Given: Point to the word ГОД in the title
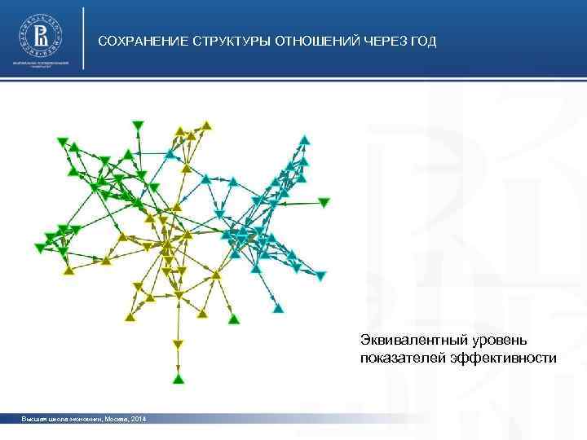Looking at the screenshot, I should pyautogui.click(x=424, y=41).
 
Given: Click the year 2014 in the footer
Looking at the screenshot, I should pyautogui.click(x=138, y=419).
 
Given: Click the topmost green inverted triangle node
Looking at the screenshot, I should pyautogui.click(x=137, y=124).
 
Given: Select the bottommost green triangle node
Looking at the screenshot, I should pyautogui.click(x=178, y=378).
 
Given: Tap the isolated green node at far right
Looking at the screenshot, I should pyautogui.click(x=324, y=201).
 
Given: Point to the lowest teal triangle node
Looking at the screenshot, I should pyautogui.click(x=278, y=309).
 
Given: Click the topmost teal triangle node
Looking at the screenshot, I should pyautogui.click(x=304, y=140).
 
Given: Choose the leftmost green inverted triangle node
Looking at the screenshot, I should pyautogui.click(x=39, y=248).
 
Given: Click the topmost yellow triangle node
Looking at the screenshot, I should pyautogui.click(x=207, y=125).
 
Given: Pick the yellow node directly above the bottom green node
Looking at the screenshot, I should pyautogui.click(x=178, y=346).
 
